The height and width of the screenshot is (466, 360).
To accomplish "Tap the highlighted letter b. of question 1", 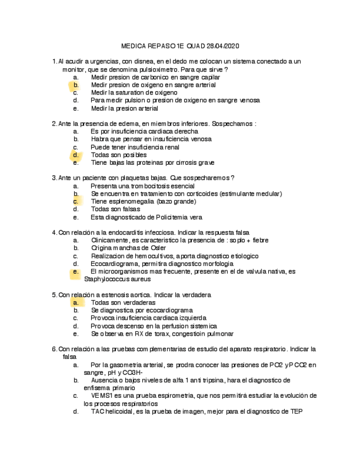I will click(76, 85).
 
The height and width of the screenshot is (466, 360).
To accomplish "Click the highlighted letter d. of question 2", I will click(76, 155).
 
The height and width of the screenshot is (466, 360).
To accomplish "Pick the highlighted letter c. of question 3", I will click(76, 202).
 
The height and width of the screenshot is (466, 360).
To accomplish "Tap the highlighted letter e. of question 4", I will click(76, 271).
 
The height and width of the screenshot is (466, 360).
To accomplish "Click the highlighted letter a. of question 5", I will click(76, 303).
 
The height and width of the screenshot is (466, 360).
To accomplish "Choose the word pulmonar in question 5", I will click(219, 334).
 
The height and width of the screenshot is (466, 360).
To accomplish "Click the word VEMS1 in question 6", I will click(103, 396).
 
